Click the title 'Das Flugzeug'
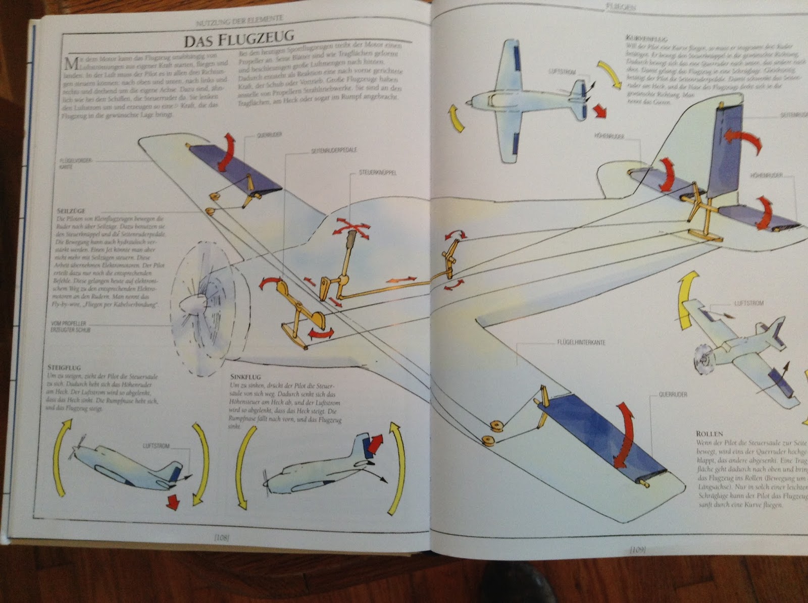pos(238,40)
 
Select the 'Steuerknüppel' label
pos(377,173)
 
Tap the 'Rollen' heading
pos(710,433)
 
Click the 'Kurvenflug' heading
pos(640,38)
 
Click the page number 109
pos(638,550)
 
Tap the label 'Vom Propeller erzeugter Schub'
pos(71,326)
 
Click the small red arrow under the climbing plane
pos(173,502)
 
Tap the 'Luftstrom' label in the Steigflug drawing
pos(156,446)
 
